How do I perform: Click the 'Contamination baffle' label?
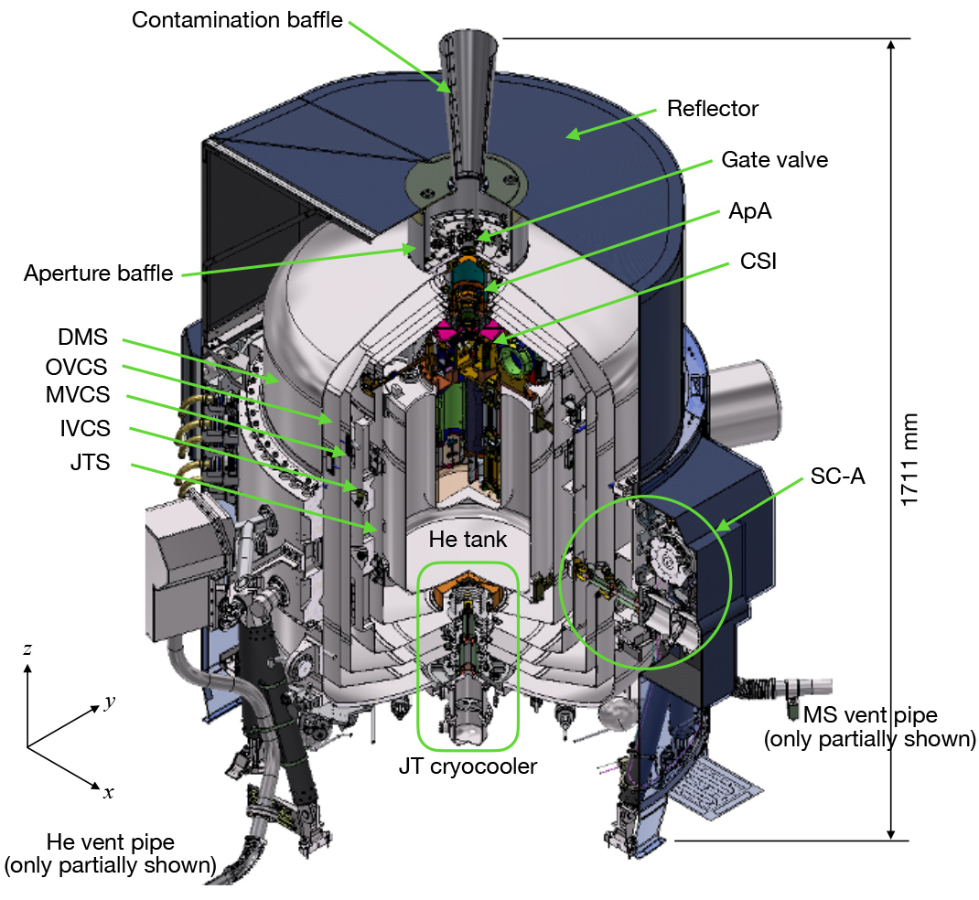click(237, 20)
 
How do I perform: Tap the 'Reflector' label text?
click(713, 109)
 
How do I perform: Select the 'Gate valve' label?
click(775, 160)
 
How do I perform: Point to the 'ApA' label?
click(750, 211)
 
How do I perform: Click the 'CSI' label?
click(758, 261)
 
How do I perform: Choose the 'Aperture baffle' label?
click(98, 273)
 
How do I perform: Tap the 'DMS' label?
click(82, 337)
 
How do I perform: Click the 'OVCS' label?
click(76, 367)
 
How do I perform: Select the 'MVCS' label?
click(78, 394)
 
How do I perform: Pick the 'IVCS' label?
click(85, 428)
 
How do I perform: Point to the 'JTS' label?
click(90, 463)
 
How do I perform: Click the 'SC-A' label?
click(837, 477)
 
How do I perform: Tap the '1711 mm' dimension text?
click(909, 460)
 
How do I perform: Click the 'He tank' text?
click(468, 540)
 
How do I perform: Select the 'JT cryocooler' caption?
click(468, 766)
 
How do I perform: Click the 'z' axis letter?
click(27, 649)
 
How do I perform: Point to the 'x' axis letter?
click(109, 793)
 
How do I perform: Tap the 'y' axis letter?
click(110, 702)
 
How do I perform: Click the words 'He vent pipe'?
click(111, 842)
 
